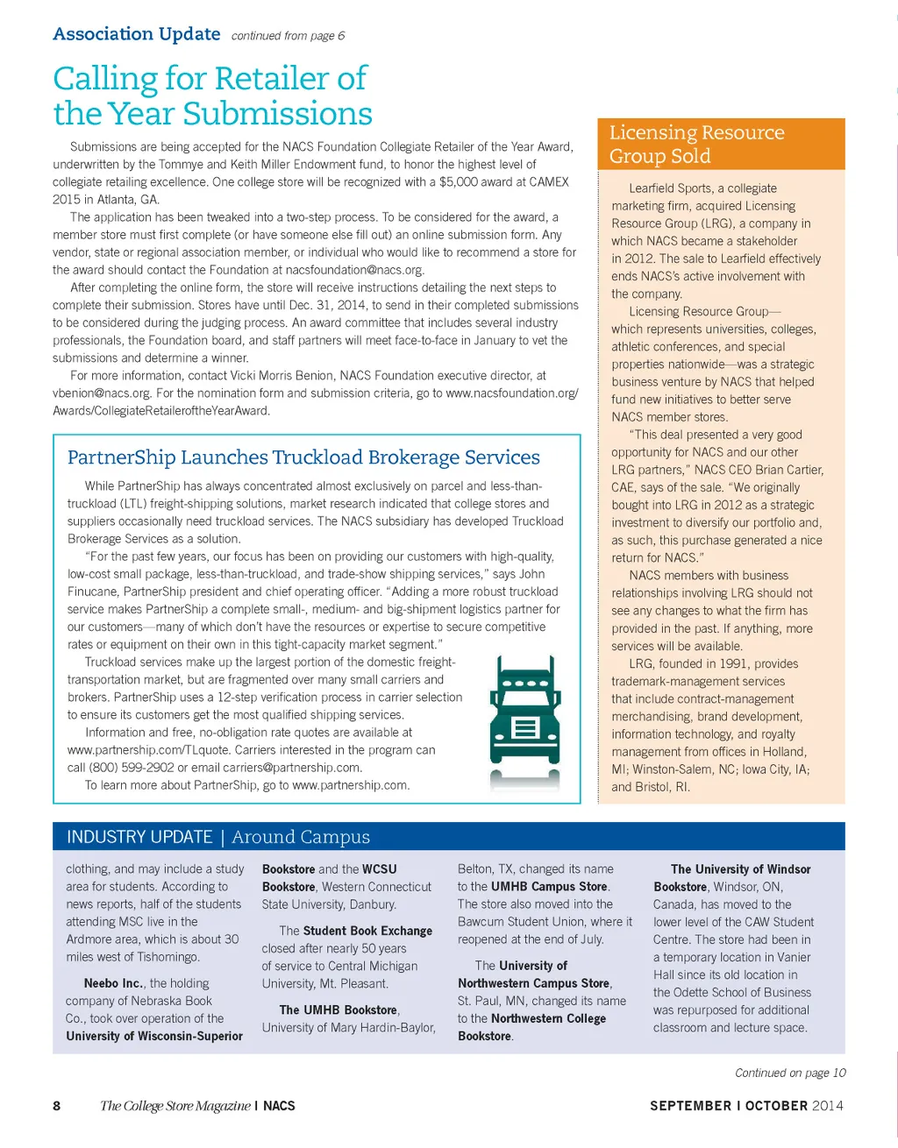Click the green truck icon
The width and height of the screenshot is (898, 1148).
tap(524, 710)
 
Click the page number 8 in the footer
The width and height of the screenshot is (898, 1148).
tap(57, 1106)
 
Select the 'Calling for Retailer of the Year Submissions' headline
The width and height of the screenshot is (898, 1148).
tap(212, 96)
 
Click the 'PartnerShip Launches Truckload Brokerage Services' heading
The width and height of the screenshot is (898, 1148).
tap(303, 457)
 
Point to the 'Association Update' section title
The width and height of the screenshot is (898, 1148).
tap(136, 34)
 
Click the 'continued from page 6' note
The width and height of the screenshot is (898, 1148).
tap(288, 36)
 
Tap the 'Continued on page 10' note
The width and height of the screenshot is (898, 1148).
tap(790, 1073)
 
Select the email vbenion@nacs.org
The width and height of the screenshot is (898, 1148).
tap(101, 393)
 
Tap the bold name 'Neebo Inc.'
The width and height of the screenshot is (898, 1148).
tap(113, 983)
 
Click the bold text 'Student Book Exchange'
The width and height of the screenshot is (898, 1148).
tap(367, 931)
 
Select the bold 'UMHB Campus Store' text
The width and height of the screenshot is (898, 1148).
tap(549, 887)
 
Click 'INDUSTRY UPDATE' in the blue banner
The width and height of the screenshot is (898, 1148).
tap(139, 837)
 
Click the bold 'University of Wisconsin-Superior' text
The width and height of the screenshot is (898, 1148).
tap(154, 1036)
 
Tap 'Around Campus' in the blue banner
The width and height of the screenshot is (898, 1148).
tap(301, 837)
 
